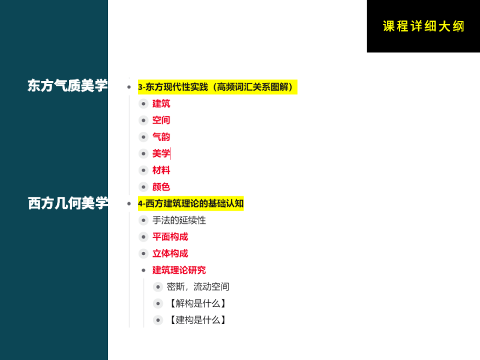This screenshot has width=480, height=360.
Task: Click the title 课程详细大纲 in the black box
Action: click(423, 26)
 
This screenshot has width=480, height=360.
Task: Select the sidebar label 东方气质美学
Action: click(67, 86)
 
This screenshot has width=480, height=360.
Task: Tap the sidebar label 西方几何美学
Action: click(68, 203)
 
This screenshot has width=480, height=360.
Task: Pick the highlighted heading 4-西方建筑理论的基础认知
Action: click(191, 203)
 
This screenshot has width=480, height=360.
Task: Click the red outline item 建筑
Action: click(161, 104)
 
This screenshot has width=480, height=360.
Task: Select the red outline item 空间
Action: click(161, 120)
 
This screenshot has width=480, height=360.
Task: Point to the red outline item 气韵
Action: click(161, 137)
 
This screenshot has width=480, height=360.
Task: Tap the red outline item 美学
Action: click(161, 154)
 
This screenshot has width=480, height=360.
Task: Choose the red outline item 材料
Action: click(161, 170)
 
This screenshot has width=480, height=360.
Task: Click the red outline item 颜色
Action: click(161, 187)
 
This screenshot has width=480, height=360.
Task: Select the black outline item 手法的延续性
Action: click(179, 220)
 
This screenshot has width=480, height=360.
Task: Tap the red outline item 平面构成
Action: click(170, 237)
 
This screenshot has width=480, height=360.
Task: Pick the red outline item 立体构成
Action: click(170, 253)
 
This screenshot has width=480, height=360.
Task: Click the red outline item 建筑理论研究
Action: click(179, 270)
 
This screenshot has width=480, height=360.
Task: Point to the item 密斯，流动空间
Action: click(198, 287)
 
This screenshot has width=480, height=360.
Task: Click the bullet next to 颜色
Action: click(143, 187)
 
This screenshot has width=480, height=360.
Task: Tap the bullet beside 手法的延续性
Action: click(143, 220)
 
